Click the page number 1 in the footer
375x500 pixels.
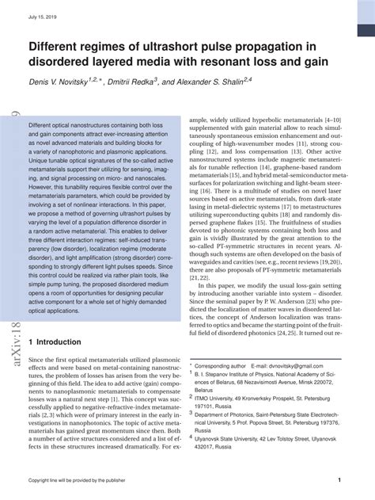coord(339,480)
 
